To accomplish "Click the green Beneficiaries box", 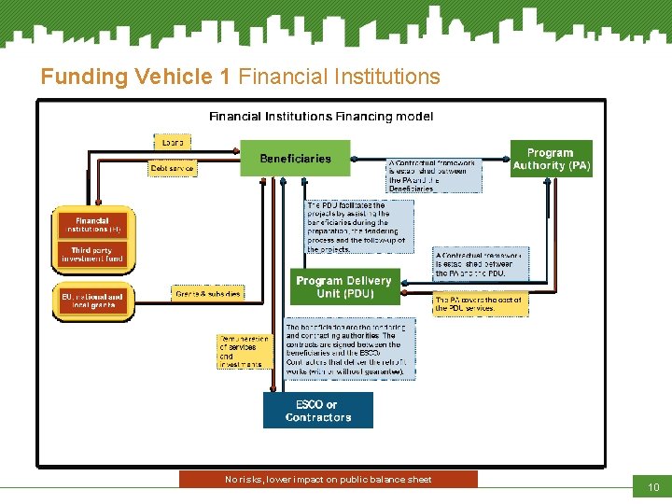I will click(x=295, y=159).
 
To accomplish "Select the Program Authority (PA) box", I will click(x=551, y=159).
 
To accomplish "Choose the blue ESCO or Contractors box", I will click(x=317, y=411).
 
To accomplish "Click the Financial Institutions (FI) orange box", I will click(x=92, y=225).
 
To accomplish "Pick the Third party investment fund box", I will click(x=92, y=255).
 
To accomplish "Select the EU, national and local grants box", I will click(x=92, y=301).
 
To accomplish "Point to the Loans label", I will click(x=173, y=142).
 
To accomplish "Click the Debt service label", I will click(x=174, y=169).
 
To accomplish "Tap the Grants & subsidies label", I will click(x=207, y=294).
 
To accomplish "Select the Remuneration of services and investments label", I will click(x=244, y=351).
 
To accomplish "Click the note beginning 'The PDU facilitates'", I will click(x=358, y=227).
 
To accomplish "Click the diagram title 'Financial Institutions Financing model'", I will click(x=321, y=117).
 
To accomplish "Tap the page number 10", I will click(x=652, y=487).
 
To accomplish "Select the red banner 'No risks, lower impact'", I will click(x=329, y=480).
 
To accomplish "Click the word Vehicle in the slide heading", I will click(x=180, y=77).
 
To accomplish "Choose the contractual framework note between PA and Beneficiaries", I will click(x=435, y=175).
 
